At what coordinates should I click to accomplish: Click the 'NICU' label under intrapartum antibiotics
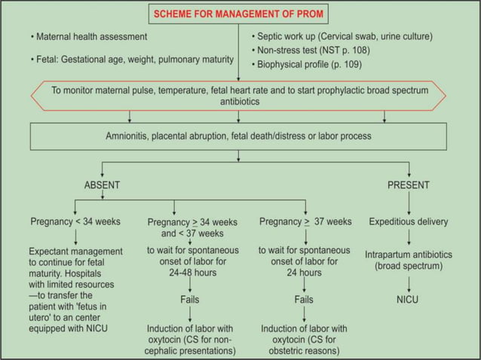408,299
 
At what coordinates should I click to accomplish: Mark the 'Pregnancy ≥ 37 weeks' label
305,222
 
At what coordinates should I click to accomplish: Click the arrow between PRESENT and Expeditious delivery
408,203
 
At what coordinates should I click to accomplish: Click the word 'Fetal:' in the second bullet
51,59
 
